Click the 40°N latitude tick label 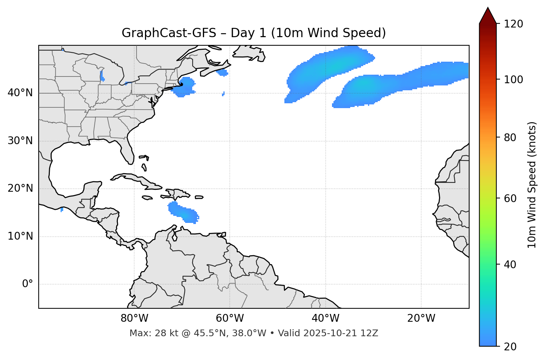(20, 93)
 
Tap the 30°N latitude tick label (20, 141)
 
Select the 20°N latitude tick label (20, 188)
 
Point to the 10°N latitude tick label (20, 236)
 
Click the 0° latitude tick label (28, 284)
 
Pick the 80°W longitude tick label (134, 318)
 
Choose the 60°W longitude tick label (230, 318)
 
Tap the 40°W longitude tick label (325, 318)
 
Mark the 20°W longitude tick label (421, 318)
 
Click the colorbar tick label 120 (514, 24)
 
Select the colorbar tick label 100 (514, 80)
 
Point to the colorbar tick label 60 (511, 198)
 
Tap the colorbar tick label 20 (511, 347)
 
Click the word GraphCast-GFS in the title (169, 33)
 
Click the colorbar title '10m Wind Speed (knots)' (532, 185)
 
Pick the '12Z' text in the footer (370, 333)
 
